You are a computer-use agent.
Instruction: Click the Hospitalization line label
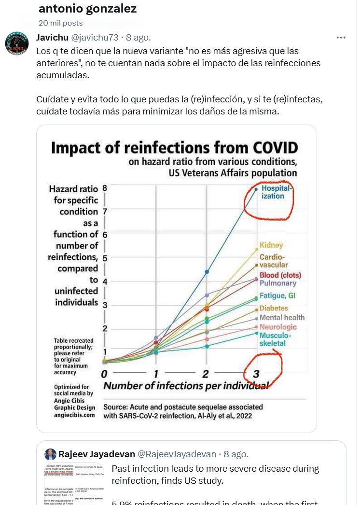tap(277, 192)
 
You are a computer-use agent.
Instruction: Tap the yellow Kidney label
tap(271, 245)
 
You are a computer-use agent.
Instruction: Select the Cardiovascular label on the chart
tap(274, 261)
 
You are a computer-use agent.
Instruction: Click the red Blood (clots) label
tap(280, 275)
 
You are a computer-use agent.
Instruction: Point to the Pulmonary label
tap(277, 283)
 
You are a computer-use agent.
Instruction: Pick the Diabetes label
tap(274, 308)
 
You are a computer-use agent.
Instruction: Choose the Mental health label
tap(282, 318)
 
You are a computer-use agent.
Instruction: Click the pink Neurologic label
tap(278, 327)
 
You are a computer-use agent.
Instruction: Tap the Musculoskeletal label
tap(273, 339)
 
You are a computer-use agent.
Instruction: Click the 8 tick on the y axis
tap(104, 188)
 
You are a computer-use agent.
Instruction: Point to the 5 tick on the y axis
tap(104, 258)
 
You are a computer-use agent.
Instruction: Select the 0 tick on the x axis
tap(104, 374)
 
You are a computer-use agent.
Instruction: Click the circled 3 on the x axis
tap(256, 373)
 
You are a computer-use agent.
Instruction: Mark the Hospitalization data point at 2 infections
tap(207, 272)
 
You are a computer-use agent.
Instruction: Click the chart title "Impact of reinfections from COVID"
tap(174, 147)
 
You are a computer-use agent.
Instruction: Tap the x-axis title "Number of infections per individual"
tap(186, 386)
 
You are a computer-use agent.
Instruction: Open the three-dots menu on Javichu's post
tap(341, 37)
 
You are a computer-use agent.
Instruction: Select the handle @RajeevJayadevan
tap(177, 454)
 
